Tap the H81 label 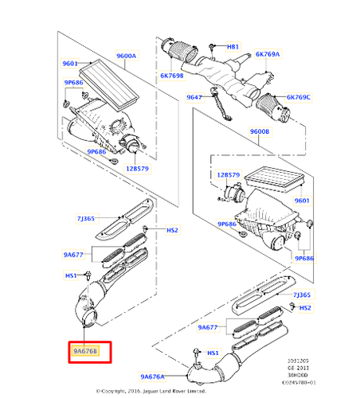point(233,47)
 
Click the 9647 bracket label point(194,97)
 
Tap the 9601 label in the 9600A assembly point(70,64)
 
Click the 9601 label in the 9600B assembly point(303,201)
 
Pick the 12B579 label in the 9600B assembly point(229,174)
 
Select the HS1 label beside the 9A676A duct point(213,353)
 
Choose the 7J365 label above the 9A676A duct point(302,295)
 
